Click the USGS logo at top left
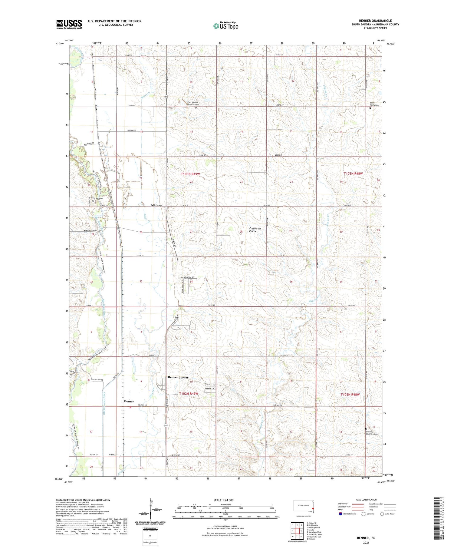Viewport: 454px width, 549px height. point(69,24)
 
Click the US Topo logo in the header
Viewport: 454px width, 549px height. point(225,26)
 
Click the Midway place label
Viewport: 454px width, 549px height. point(156,205)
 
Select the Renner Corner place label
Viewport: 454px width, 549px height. point(178,377)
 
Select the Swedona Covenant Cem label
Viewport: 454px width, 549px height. point(371,433)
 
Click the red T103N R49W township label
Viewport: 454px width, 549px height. point(190,174)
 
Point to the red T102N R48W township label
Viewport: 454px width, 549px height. point(350,395)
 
